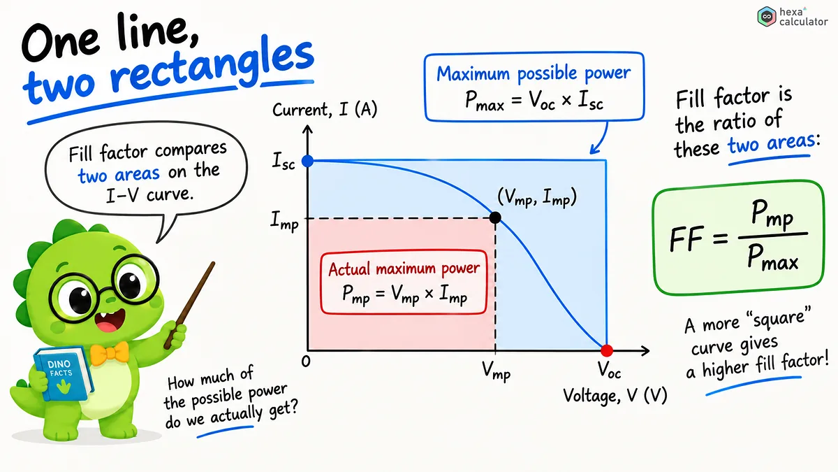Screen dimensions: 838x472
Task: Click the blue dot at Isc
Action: [x=307, y=161]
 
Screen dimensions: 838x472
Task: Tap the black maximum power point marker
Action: [x=495, y=217]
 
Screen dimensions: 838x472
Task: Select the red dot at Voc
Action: [x=606, y=350]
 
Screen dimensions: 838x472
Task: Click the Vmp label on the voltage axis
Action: [x=496, y=371]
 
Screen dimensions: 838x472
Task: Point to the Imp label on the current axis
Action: [x=284, y=221]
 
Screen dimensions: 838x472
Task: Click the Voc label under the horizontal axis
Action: [x=609, y=370]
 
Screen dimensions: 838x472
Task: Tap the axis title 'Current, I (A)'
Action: [x=325, y=110]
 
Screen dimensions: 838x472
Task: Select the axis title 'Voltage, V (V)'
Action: [x=615, y=396]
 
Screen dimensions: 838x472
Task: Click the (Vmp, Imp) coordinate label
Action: [x=537, y=197]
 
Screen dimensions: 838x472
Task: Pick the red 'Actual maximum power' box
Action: [x=404, y=282]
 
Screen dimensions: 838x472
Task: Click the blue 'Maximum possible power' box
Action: [x=534, y=87]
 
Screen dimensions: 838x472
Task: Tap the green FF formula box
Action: [x=738, y=238]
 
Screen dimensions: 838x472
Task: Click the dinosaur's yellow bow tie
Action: [x=109, y=354]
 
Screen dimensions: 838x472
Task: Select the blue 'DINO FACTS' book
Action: [x=62, y=373]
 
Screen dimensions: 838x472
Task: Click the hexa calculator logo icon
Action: [x=767, y=17]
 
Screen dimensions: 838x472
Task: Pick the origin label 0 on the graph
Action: [x=306, y=362]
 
